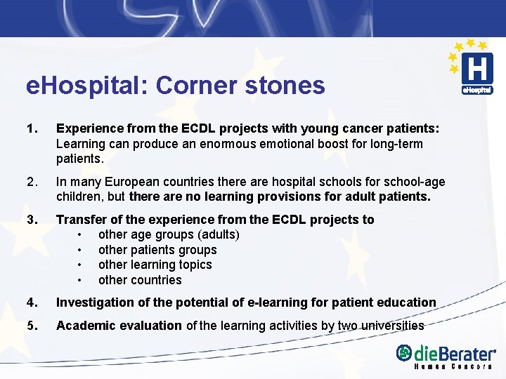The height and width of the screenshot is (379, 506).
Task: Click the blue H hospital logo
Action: click(x=476, y=69)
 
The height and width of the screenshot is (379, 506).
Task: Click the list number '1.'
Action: click(x=31, y=128)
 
